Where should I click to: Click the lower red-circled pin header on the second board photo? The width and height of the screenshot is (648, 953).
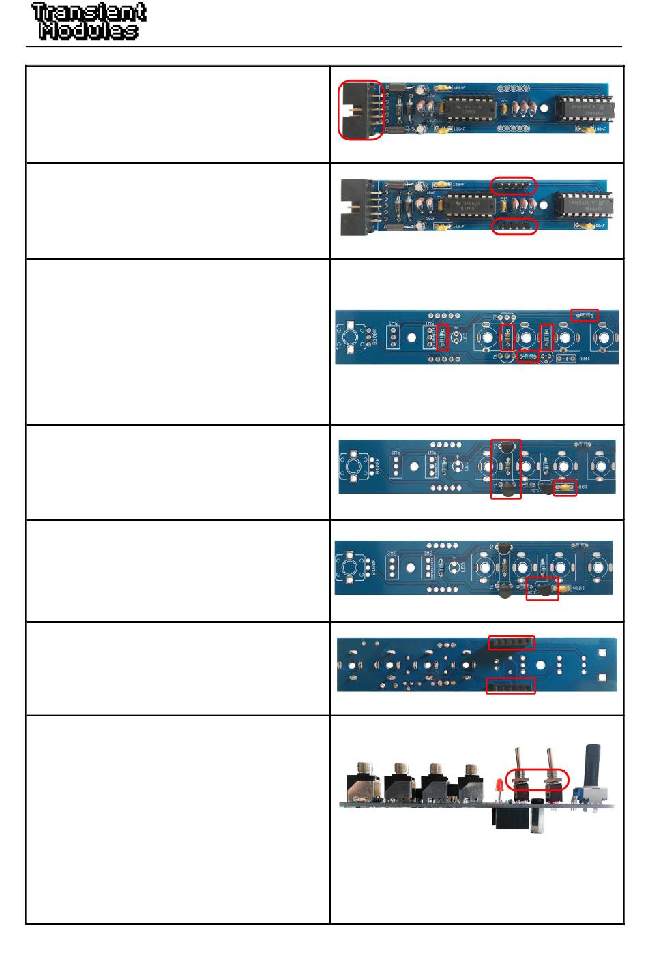515,226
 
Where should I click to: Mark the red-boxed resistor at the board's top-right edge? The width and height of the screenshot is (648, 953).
585,315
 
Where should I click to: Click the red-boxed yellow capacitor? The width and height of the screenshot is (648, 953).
564,487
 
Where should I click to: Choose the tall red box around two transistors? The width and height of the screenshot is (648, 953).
505,469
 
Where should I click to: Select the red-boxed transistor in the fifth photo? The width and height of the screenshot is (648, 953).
543,588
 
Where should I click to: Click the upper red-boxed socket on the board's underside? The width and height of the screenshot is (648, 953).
512,642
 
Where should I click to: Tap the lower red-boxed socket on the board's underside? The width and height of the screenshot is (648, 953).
510,686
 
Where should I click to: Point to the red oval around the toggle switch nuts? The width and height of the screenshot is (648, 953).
537,779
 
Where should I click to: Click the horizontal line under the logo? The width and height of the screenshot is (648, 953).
324,47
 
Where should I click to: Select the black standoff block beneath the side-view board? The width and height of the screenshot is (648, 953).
512,817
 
